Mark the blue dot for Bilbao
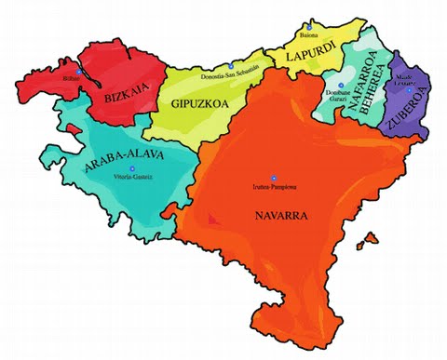coord(79,72)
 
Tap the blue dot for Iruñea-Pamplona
coord(273,178)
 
